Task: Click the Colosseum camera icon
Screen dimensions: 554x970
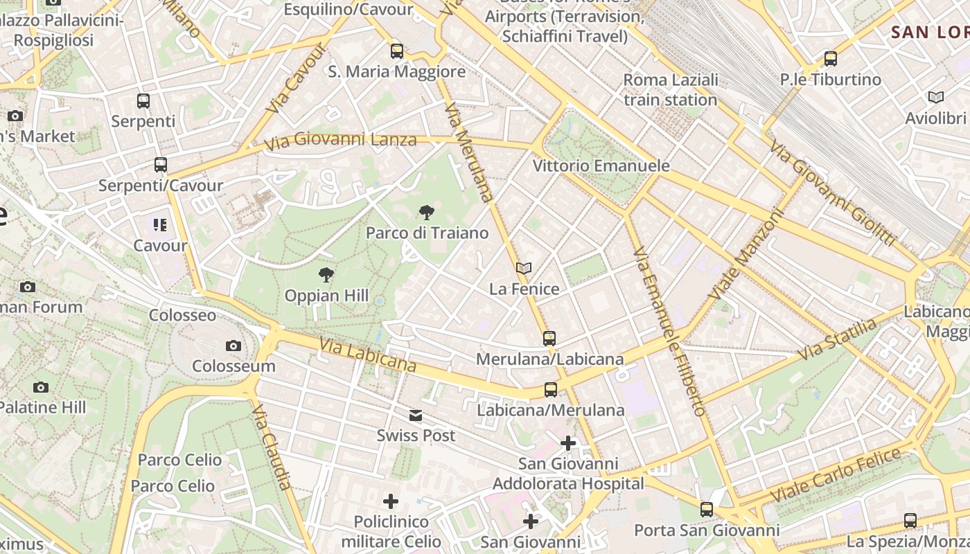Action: pyautogui.click(x=233, y=346)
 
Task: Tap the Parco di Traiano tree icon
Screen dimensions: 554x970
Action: pyautogui.click(x=427, y=213)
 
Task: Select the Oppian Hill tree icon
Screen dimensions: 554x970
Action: pyautogui.click(x=326, y=276)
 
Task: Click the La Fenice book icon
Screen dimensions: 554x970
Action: pyautogui.click(x=524, y=269)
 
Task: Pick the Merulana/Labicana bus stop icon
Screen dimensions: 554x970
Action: pyautogui.click(x=549, y=339)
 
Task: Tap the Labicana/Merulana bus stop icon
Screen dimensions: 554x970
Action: pyautogui.click(x=551, y=390)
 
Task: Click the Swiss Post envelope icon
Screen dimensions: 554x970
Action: pyautogui.click(x=416, y=415)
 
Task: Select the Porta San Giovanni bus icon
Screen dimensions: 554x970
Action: pyautogui.click(x=707, y=510)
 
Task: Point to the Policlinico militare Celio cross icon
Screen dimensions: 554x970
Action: pyautogui.click(x=391, y=501)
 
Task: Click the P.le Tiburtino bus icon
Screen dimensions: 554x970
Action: pyautogui.click(x=831, y=59)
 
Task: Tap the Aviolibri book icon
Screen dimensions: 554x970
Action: pyautogui.click(x=936, y=98)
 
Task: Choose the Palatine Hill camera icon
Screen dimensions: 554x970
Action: pyautogui.click(x=41, y=387)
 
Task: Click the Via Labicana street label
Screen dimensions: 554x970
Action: pyautogui.click(x=367, y=354)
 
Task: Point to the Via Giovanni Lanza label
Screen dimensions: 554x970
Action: pyautogui.click(x=341, y=141)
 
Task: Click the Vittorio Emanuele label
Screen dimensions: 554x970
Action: pyautogui.click(x=601, y=166)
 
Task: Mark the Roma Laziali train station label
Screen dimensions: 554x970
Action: pyautogui.click(x=670, y=90)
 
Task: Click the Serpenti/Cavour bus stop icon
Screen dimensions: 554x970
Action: pyautogui.click(x=161, y=165)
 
